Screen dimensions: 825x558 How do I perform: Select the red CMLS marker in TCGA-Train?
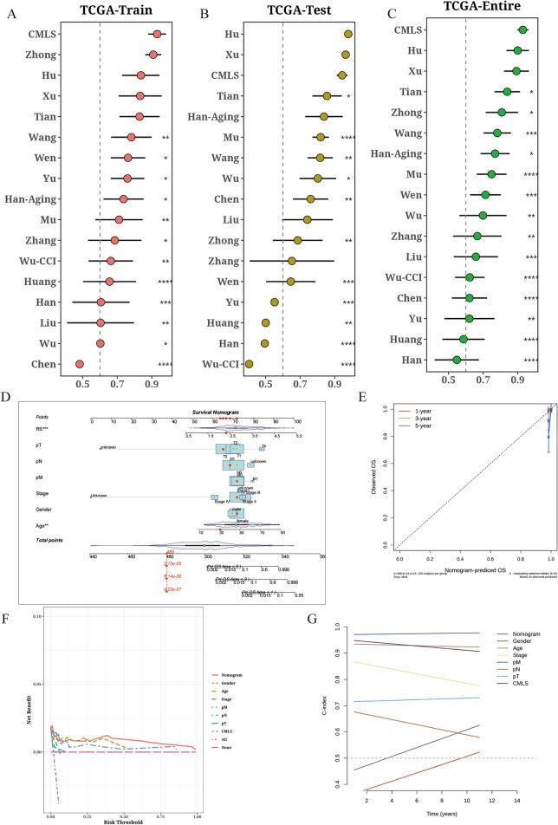157,34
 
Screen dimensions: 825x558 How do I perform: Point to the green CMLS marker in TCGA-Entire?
522,29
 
